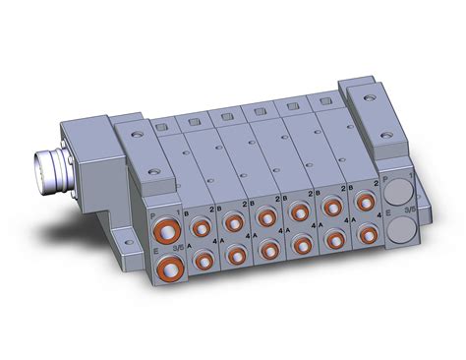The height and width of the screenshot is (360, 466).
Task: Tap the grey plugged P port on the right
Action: [397, 187]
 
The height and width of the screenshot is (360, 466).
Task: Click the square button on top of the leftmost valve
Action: [157, 125]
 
